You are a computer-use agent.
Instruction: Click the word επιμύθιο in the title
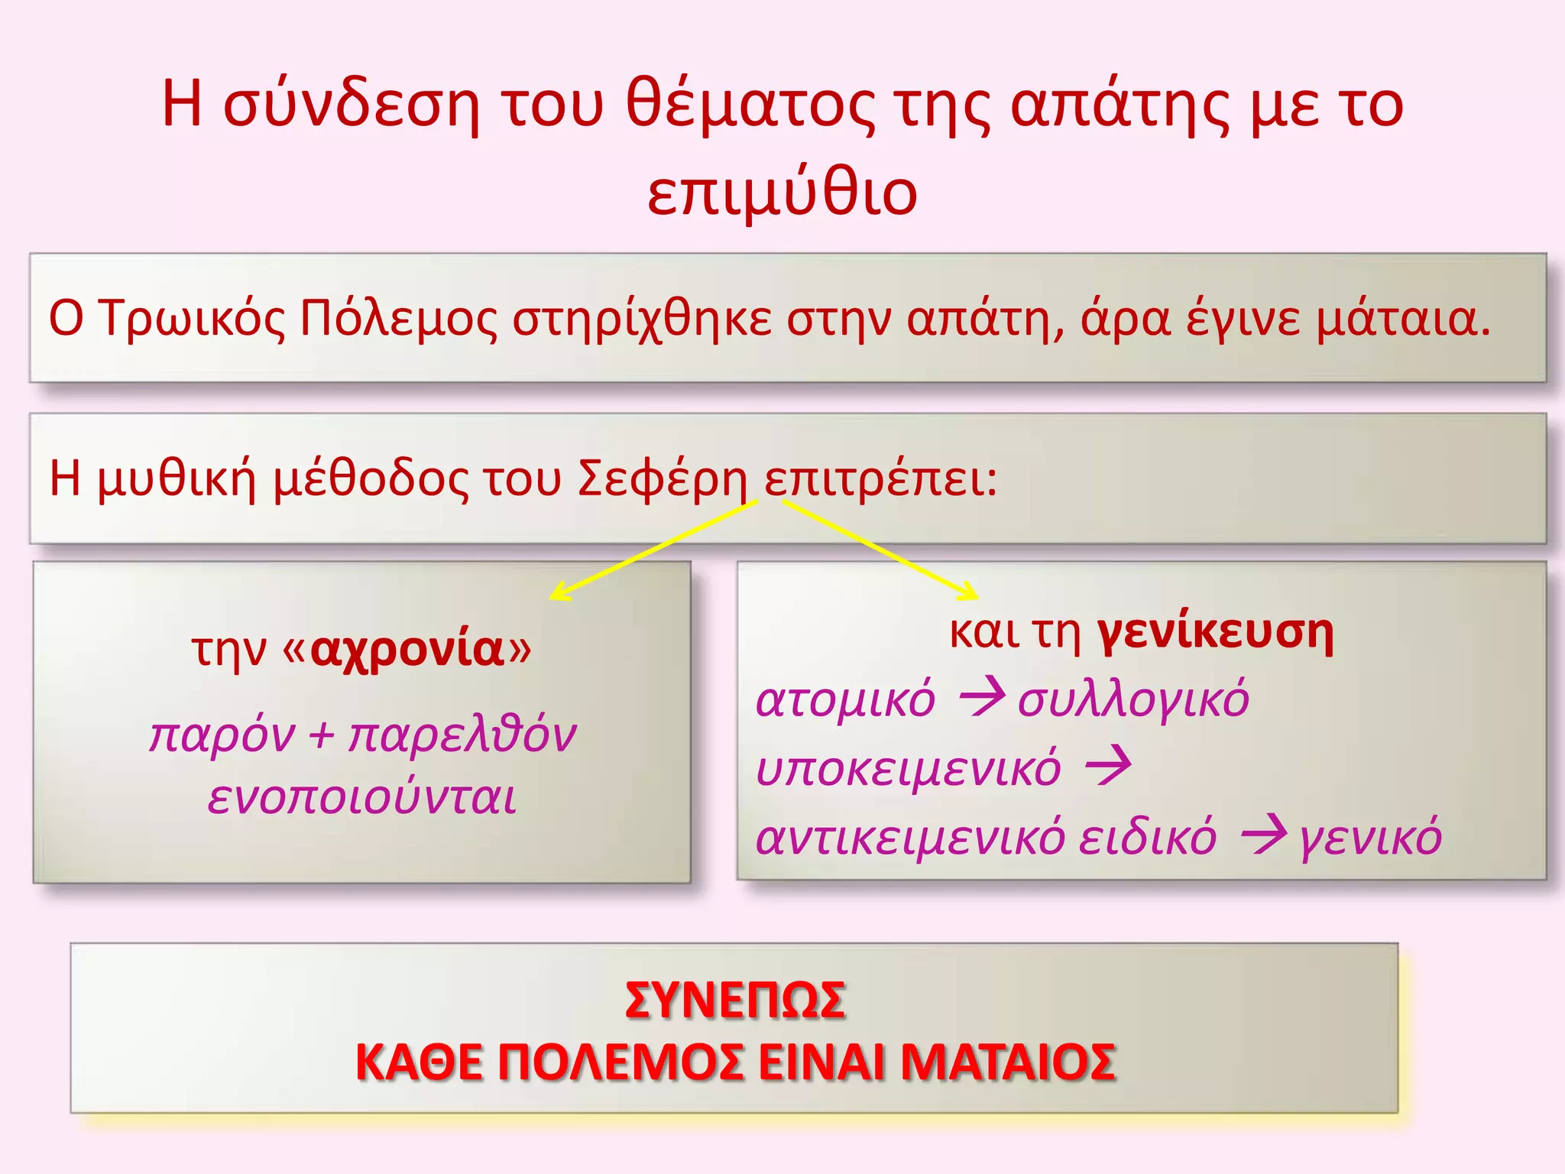pos(782,193)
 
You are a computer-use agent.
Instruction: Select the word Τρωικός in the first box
pos(193,319)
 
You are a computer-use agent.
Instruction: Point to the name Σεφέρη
pos(662,479)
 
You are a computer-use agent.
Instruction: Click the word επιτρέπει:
pos(880,479)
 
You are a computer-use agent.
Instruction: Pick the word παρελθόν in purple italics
pos(462,735)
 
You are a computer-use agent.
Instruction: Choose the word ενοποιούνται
pos(362,797)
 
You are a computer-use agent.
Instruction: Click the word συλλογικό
pos(1132,699)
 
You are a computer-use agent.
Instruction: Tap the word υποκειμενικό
pos(908,768)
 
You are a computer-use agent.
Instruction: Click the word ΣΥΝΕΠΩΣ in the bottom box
pos(734,1000)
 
